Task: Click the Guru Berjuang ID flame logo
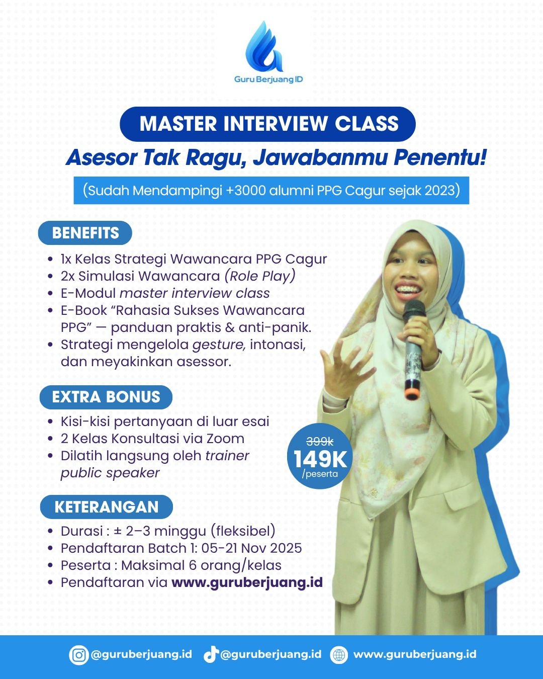point(263,47)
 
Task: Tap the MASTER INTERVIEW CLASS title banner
point(268,124)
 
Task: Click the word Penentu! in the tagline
point(440,157)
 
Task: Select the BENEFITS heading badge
point(85,233)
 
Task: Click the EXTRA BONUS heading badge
point(106,397)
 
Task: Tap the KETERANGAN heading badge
point(106,506)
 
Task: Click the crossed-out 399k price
point(320,442)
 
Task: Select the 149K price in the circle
point(320,459)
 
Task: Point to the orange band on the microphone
point(412,390)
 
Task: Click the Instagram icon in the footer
point(78,655)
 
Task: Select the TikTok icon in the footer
point(211,655)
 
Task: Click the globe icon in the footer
point(339,655)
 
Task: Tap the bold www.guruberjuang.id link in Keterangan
point(247,582)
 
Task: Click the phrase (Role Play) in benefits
point(260,276)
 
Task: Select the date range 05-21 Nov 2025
point(254,548)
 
